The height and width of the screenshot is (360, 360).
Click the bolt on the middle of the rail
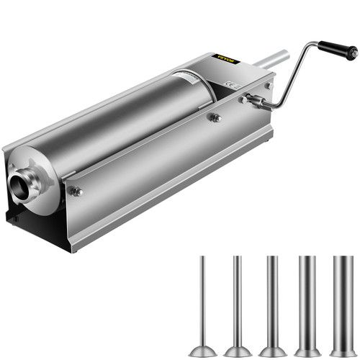point(215,117)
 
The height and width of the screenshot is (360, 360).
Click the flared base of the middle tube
point(272,350)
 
